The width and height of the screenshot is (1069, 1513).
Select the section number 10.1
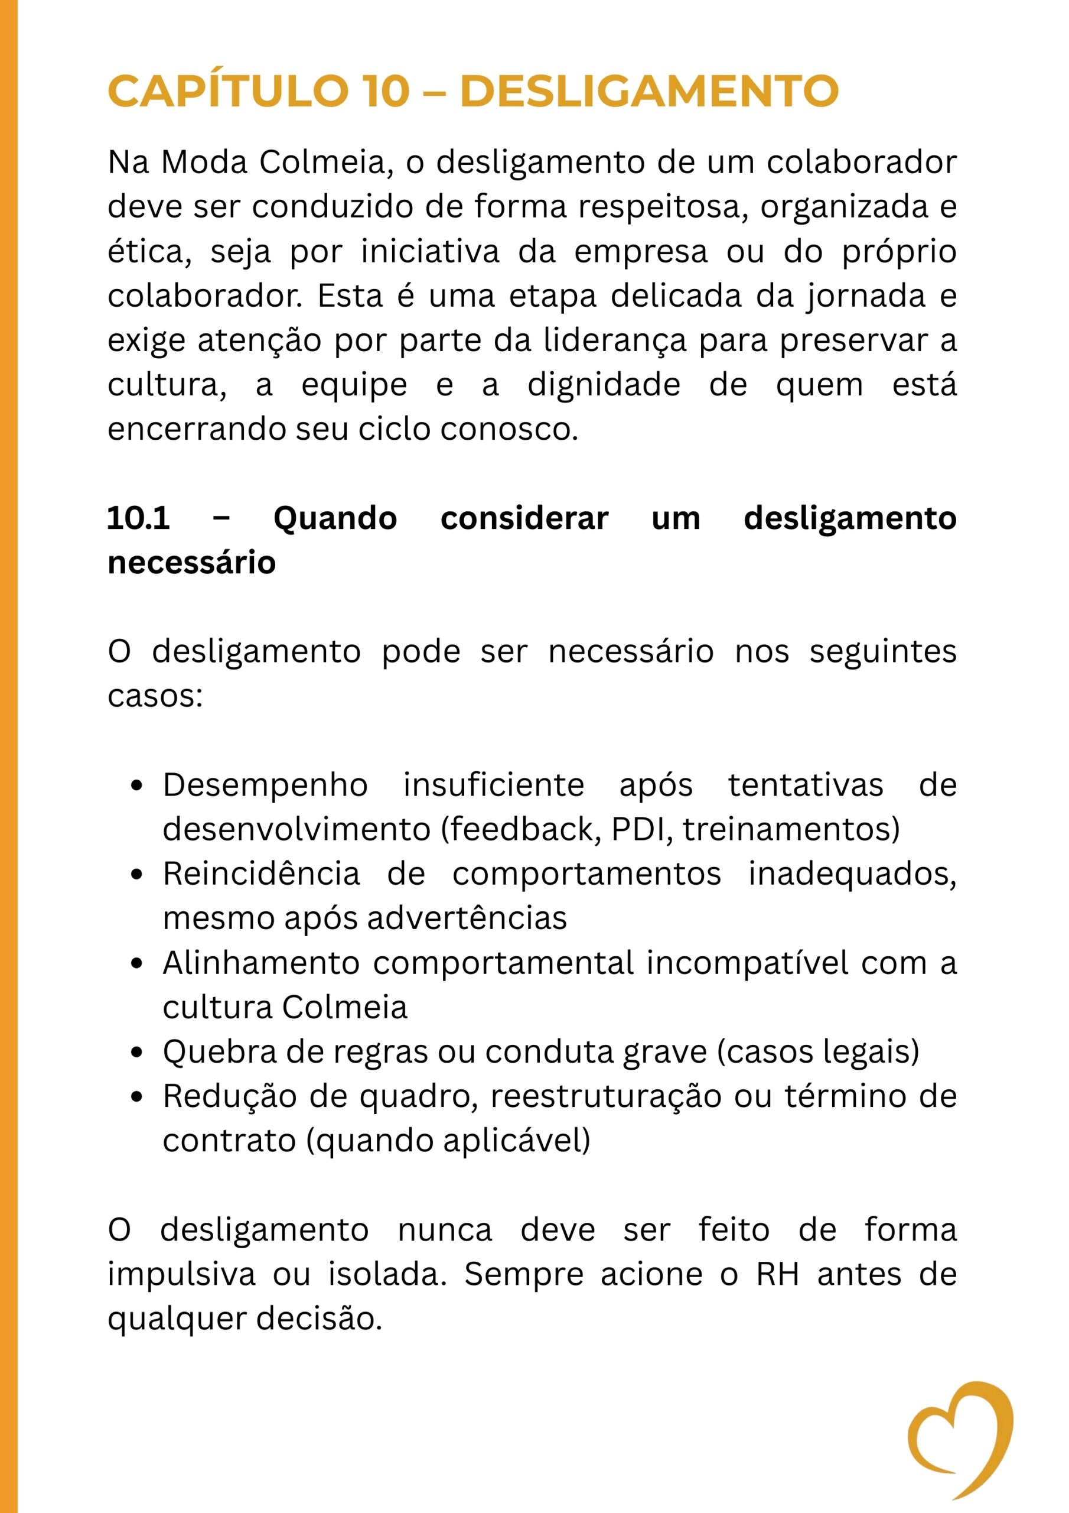tap(138, 518)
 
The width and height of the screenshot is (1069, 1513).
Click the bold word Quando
tap(335, 518)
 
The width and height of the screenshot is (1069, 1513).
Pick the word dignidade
tap(604, 385)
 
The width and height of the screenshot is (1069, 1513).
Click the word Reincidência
tap(262, 874)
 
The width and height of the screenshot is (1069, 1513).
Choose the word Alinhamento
tap(261, 963)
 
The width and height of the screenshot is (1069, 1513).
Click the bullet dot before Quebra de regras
tap(137, 1053)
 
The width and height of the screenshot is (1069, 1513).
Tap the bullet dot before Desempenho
tap(137, 785)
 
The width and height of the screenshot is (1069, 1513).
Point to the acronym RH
tap(777, 1274)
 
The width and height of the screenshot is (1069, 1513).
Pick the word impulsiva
tap(181, 1274)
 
